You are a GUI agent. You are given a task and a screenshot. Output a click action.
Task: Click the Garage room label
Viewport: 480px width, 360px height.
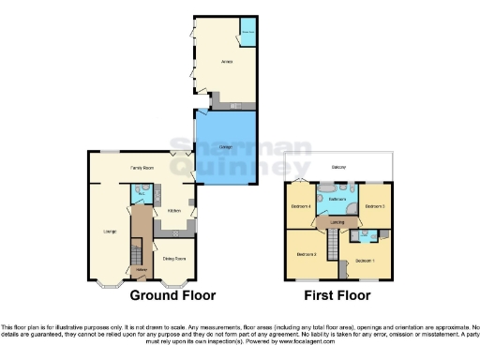tap(225, 148)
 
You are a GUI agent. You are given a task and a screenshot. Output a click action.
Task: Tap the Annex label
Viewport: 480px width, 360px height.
tap(227, 63)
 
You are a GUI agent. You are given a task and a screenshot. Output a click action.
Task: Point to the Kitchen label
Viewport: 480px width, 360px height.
tap(174, 211)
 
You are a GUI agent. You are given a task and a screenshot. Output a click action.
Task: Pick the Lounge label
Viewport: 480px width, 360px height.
tap(109, 228)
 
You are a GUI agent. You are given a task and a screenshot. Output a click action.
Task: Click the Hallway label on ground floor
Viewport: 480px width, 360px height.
tap(142, 269)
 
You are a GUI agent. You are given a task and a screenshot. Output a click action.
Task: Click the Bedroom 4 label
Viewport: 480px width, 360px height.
tap(301, 205)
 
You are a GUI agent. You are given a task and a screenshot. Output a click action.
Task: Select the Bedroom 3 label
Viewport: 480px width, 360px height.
tap(307, 254)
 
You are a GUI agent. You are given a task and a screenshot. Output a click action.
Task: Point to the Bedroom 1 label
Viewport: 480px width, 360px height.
tap(365, 260)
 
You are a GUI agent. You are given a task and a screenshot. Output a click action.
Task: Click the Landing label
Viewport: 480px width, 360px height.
tap(337, 221)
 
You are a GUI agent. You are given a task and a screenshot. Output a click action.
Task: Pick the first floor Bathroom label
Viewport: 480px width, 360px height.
tap(337, 200)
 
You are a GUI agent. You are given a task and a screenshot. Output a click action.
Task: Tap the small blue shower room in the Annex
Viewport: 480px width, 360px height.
tap(248, 28)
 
